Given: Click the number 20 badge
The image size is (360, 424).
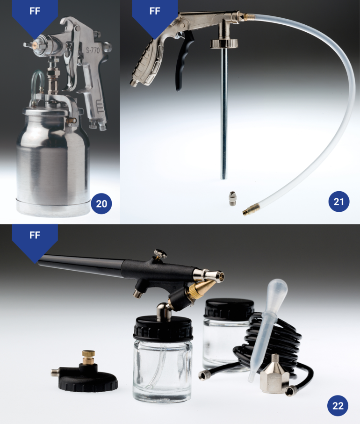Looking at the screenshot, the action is [x=101, y=203].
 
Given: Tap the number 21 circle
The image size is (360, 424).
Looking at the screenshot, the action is [x=338, y=201].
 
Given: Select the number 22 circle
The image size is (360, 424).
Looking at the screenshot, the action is [x=338, y=406].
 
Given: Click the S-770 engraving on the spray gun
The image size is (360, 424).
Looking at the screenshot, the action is [x=93, y=50].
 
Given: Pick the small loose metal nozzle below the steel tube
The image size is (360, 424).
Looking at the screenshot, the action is [x=232, y=199].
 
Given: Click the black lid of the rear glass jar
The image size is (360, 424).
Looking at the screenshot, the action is [x=230, y=308].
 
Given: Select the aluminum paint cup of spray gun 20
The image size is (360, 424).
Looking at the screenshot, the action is [x=53, y=159].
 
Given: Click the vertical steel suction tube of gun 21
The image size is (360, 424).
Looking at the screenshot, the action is [x=223, y=114].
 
